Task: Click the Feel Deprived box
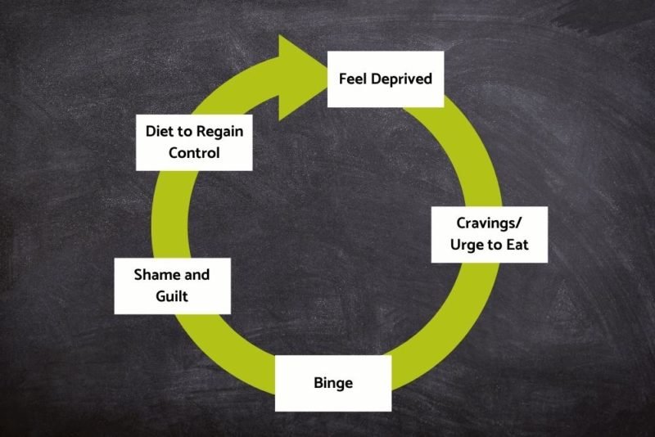point(386,79)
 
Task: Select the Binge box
point(333,382)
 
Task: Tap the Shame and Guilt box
point(172,285)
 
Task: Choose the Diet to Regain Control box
point(194,142)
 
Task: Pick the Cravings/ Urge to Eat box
point(489,233)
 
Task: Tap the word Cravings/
point(489,223)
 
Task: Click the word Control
point(194,153)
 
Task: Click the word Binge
point(333,382)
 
